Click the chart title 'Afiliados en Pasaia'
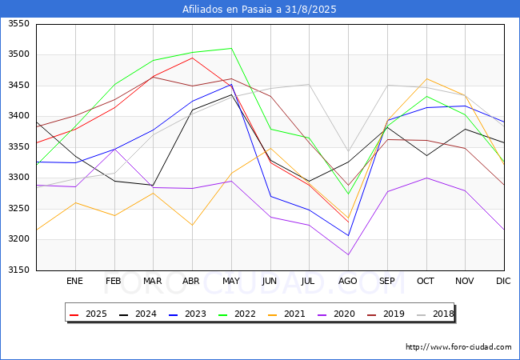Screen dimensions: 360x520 point(259,10)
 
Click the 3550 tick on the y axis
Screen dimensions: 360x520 point(18,24)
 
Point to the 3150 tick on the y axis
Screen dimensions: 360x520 point(18,270)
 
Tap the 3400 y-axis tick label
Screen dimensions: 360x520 point(18,116)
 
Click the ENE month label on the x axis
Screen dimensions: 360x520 point(74,282)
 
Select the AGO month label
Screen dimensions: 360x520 point(348,282)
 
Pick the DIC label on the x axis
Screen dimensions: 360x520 point(503,282)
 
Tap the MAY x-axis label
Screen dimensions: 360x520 point(230,282)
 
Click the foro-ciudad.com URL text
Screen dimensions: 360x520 point(458,347)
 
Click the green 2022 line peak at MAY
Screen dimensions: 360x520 point(231,48)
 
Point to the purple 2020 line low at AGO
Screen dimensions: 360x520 point(348,255)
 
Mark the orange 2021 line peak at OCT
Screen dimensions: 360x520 point(426,78)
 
